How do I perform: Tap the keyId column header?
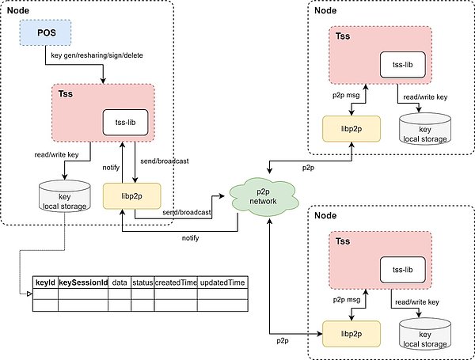coord(45,282)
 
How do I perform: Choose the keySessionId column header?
coord(83,282)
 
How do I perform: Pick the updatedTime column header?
coord(222,282)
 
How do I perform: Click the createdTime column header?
coord(174,282)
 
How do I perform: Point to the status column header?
coord(142,282)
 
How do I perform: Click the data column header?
coord(120,282)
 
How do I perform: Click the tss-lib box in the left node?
coord(126,122)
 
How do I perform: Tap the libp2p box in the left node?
coord(132,195)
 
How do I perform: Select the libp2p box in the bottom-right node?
coord(351,332)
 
